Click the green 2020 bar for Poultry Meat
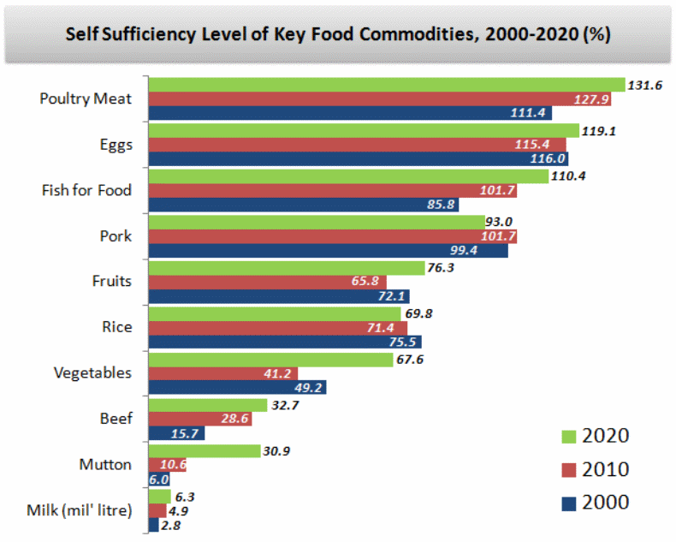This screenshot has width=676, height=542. [x=385, y=84]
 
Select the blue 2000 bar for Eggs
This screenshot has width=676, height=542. [x=358, y=159]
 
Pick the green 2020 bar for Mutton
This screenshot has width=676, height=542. [x=204, y=450]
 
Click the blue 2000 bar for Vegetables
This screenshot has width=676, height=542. [x=237, y=388]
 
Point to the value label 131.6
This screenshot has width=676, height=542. [x=647, y=85]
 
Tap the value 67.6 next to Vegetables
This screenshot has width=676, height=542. [x=412, y=359]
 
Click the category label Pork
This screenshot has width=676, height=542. [x=116, y=235]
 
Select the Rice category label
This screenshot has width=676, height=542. [x=116, y=327]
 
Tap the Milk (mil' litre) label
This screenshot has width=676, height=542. [x=80, y=511]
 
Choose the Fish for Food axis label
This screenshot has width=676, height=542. [x=86, y=190]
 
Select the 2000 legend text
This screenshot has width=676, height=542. [x=605, y=502]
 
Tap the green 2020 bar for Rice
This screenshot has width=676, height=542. [x=274, y=313]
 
